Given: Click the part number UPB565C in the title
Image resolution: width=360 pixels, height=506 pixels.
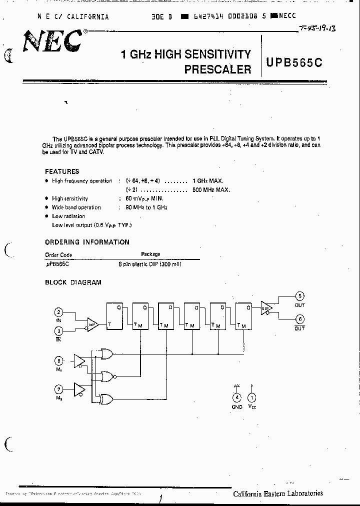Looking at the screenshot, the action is click(294, 63).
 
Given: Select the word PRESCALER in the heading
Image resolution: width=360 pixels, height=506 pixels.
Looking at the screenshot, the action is click(217, 69).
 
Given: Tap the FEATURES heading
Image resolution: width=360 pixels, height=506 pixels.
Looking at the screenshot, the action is click(62, 171).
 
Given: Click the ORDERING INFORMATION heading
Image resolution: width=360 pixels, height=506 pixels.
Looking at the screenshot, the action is click(87, 242).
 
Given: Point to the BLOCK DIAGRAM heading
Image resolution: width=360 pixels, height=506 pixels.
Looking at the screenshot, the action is click(73, 282).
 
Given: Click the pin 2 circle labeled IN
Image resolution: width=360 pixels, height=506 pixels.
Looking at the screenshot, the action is click(59, 312).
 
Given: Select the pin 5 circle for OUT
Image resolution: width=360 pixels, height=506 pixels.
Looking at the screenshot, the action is click(300, 296).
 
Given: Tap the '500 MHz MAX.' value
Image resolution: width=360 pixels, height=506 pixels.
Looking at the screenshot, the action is click(211, 190).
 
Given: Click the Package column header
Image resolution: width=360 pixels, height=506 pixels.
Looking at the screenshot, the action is click(150, 254).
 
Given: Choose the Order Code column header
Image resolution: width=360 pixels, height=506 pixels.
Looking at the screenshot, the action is click(58, 254).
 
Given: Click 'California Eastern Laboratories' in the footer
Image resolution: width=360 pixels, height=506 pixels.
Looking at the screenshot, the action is click(277, 493).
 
